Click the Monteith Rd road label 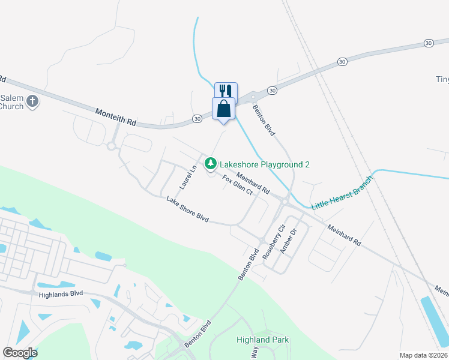tap(115, 116)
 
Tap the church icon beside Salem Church tap(32, 101)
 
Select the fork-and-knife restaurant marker tap(226, 91)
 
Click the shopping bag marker tap(223, 109)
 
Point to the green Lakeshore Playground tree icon tap(211, 163)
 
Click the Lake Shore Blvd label tap(187, 209)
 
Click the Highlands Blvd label tap(61, 294)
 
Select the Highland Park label tap(264, 340)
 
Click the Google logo tap(20, 352)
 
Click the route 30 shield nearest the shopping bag tap(197, 119)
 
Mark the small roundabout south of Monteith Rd tap(111, 145)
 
